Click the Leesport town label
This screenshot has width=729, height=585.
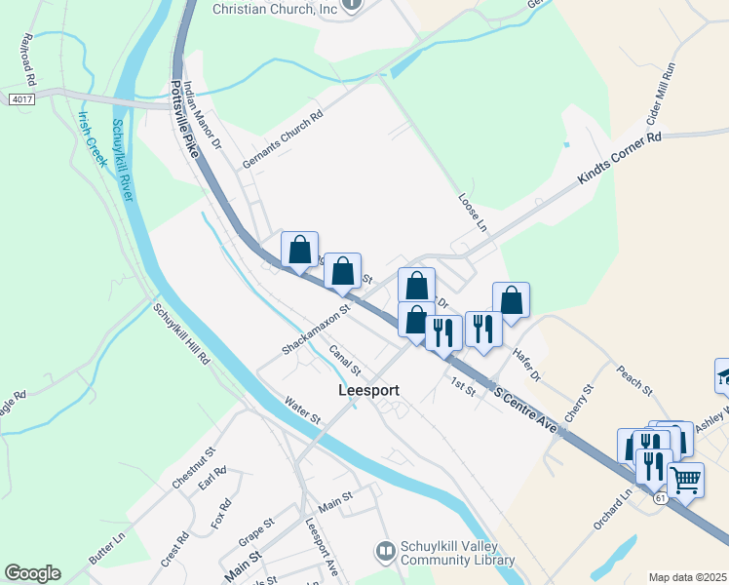click(x=368, y=390)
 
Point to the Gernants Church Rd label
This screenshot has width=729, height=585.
click(x=282, y=140)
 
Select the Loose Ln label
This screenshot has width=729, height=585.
click(x=473, y=211)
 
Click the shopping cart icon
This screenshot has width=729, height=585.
click(x=686, y=480)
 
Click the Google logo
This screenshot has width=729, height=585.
click(x=32, y=573)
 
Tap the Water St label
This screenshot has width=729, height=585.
click(x=302, y=409)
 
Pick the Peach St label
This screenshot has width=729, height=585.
click(x=633, y=379)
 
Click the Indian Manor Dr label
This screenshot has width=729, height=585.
click(x=203, y=115)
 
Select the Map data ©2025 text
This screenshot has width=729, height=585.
click(x=686, y=577)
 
